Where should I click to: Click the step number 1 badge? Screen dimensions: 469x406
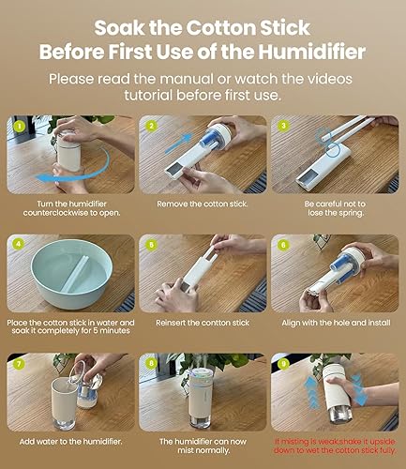(x=19, y=124)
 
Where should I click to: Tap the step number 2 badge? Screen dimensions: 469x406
(x=150, y=124)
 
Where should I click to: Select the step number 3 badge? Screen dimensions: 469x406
(x=281, y=124)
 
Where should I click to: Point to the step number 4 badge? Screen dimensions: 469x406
(x=19, y=243)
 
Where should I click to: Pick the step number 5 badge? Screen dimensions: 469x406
(x=150, y=243)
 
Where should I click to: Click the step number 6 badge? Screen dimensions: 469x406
(x=281, y=243)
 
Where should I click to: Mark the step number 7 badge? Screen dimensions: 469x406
(x=19, y=362)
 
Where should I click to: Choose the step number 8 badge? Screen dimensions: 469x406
(x=150, y=362)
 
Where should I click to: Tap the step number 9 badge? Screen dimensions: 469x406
(x=281, y=362)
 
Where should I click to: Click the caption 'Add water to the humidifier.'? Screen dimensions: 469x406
(x=70, y=440)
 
